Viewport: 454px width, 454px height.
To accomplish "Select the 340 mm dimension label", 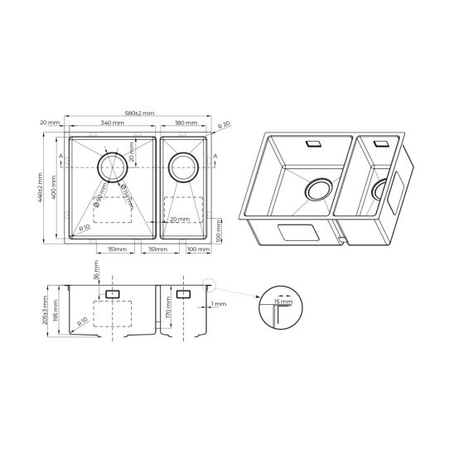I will click(113, 123).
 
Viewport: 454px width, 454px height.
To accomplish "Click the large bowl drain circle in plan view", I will click(113, 167).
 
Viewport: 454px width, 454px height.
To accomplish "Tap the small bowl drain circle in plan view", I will click(183, 167).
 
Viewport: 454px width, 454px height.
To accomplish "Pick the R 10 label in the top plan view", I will click(85, 224).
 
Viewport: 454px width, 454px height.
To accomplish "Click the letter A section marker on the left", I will click(63, 156).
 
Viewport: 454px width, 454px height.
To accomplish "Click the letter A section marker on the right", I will click(215, 156).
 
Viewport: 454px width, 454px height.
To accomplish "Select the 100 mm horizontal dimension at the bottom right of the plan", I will click(197, 249).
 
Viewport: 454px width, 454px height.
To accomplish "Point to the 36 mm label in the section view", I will click(96, 273).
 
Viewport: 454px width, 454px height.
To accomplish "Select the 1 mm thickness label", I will click(218, 305).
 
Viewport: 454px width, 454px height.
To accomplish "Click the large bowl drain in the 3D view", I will click(318, 191).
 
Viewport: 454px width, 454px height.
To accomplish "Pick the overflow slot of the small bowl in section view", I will click(183, 294).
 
